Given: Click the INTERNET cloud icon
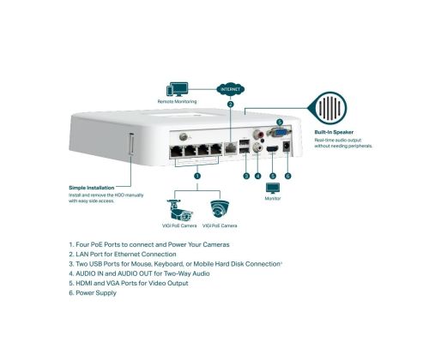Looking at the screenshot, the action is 231,90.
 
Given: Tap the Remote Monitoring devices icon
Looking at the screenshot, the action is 178,89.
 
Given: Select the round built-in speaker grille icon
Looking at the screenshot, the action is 329,108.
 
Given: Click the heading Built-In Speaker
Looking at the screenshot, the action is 334,132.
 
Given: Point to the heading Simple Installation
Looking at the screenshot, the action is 92,188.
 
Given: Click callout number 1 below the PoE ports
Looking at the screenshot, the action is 197,176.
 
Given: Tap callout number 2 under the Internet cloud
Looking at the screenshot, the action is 231,105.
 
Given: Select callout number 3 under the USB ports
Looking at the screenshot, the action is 246,176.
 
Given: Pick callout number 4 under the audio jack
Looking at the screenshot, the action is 258,176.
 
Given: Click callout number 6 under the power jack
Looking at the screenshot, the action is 288,176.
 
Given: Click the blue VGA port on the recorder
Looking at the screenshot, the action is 279,132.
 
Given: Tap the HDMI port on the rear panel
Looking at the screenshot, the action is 272,149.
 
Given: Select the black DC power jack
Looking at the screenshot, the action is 286,147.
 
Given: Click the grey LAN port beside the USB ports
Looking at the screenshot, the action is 231,147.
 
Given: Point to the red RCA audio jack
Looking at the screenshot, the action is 258,134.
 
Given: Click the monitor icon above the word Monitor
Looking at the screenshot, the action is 273,189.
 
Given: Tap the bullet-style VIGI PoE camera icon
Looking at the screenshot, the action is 179,210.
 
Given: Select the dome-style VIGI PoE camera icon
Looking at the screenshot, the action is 220,209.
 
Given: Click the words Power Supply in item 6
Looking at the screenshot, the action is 96,293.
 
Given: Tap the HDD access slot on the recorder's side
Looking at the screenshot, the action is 132,144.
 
